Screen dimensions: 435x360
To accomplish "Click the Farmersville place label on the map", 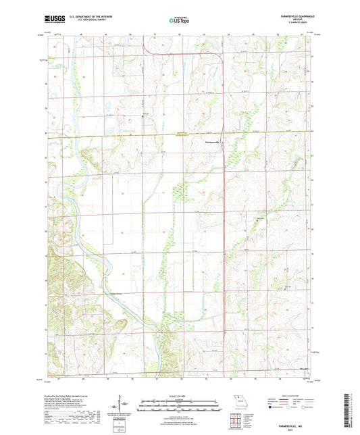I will [x=211, y=143].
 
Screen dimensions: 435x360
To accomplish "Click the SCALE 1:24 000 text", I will [x=180, y=396].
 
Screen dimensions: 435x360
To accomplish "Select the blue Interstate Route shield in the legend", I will [x=270, y=407].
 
